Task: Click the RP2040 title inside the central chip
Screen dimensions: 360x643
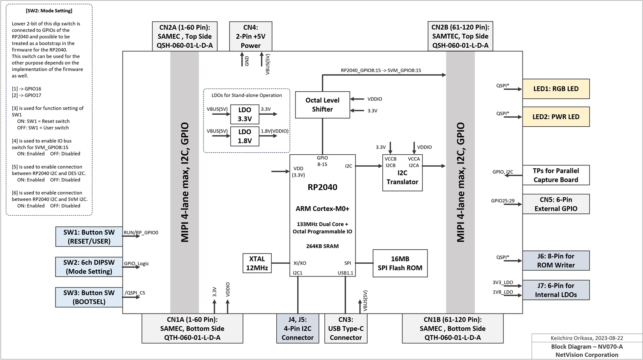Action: pos(322,187)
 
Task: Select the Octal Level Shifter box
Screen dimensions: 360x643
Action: pos(322,105)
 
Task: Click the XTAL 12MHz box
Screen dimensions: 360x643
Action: pos(257,263)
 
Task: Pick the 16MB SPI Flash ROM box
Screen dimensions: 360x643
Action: pos(400,263)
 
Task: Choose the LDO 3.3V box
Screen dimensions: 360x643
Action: pos(245,114)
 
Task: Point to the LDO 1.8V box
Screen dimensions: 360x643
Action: pos(245,136)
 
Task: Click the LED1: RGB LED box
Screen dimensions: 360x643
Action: pos(555,89)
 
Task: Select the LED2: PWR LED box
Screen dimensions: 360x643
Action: pos(555,117)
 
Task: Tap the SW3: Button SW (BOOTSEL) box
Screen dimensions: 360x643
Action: pos(89,297)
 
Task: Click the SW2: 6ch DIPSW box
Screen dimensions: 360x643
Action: pos(89,267)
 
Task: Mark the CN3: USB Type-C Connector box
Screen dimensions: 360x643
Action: pos(345,328)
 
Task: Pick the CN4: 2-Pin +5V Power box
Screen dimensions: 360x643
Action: pos(250,36)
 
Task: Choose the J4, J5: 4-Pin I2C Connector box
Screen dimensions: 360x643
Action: pos(297,328)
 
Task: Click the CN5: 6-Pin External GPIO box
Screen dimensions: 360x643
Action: pos(555,204)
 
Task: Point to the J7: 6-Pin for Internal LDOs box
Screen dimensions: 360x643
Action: pos(555,290)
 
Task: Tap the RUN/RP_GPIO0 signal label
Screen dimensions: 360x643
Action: pos(141,232)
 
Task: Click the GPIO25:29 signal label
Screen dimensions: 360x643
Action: pos(502,201)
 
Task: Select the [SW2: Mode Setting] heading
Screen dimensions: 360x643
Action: pos(49,11)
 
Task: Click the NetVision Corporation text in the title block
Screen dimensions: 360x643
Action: pos(587,355)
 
